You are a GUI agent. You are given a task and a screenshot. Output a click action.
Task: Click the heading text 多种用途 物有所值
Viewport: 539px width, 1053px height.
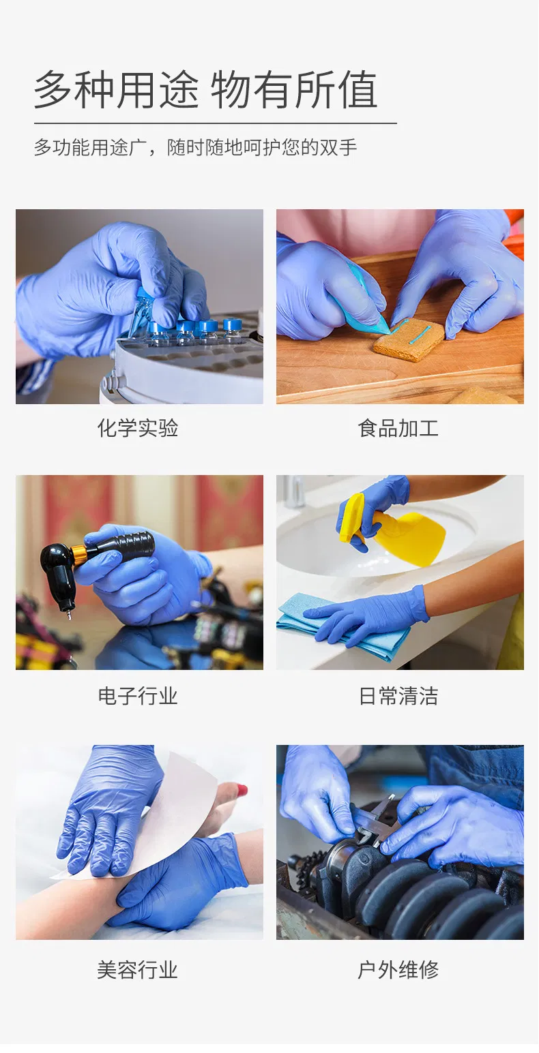205,90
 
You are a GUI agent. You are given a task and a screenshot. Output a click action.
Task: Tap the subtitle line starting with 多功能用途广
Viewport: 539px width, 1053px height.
195,147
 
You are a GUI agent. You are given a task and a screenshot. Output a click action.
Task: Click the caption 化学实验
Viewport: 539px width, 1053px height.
138,428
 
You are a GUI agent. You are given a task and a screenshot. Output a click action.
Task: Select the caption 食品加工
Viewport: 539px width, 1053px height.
398,428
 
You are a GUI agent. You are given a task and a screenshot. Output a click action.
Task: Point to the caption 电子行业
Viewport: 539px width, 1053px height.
138,696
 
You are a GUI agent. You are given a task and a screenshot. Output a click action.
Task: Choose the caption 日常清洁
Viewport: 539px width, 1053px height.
398,696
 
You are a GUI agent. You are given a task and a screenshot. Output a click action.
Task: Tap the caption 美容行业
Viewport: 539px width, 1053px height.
138,969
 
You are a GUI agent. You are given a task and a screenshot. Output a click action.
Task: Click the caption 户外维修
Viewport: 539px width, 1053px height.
398,969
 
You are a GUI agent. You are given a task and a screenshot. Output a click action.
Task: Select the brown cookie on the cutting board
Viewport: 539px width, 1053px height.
408,339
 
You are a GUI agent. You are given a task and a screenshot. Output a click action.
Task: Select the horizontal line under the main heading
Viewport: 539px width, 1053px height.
215,123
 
